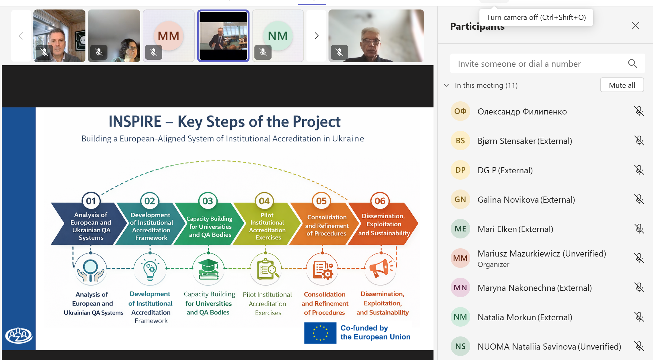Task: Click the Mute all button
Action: (622, 85)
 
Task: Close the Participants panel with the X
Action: (636, 26)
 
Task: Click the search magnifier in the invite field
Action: (632, 63)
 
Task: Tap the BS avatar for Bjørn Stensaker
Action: (460, 141)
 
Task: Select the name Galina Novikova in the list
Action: (508, 200)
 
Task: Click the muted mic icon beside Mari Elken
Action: (639, 229)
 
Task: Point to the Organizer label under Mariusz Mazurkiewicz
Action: (493, 264)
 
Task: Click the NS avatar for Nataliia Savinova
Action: (460, 346)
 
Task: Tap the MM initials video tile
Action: (168, 36)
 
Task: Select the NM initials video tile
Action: (278, 36)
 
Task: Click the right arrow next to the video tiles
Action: (317, 36)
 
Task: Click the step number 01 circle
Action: (91, 201)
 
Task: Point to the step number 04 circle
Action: (264, 201)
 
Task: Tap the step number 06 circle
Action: (380, 201)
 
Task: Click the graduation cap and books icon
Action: (208, 269)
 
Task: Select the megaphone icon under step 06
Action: (381, 268)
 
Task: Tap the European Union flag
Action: (320, 333)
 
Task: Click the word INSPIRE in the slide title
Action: (135, 121)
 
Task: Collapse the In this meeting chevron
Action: (446, 85)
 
